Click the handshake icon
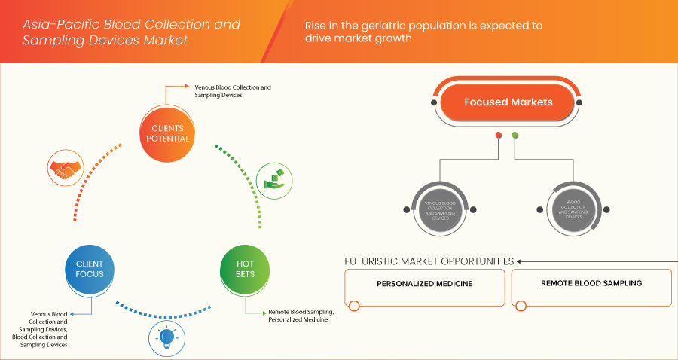coord(64,169)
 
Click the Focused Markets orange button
coord(508,102)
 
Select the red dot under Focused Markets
coord(498,136)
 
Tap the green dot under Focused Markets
coord(515,136)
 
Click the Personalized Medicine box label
coord(424,285)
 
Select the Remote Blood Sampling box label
coord(591,285)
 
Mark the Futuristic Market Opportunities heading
coord(429,261)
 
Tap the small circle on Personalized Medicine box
coord(354,306)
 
